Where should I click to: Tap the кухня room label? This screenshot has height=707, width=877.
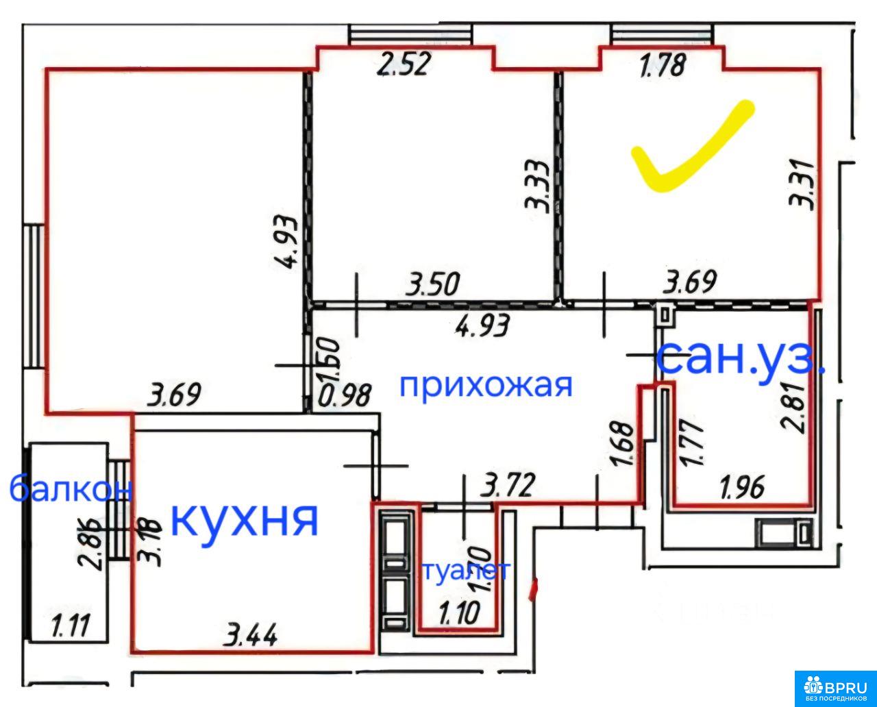tap(244, 519)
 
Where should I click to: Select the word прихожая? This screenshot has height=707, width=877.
tap(486, 385)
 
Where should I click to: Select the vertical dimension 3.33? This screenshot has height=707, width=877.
tap(535, 185)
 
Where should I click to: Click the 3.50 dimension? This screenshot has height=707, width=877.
tap(432, 284)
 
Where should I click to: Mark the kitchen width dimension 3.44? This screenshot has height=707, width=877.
tap(253, 636)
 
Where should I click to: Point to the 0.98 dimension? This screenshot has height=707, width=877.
tap(347, 396)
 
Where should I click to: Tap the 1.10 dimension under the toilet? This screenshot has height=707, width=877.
tap(458, 612)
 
